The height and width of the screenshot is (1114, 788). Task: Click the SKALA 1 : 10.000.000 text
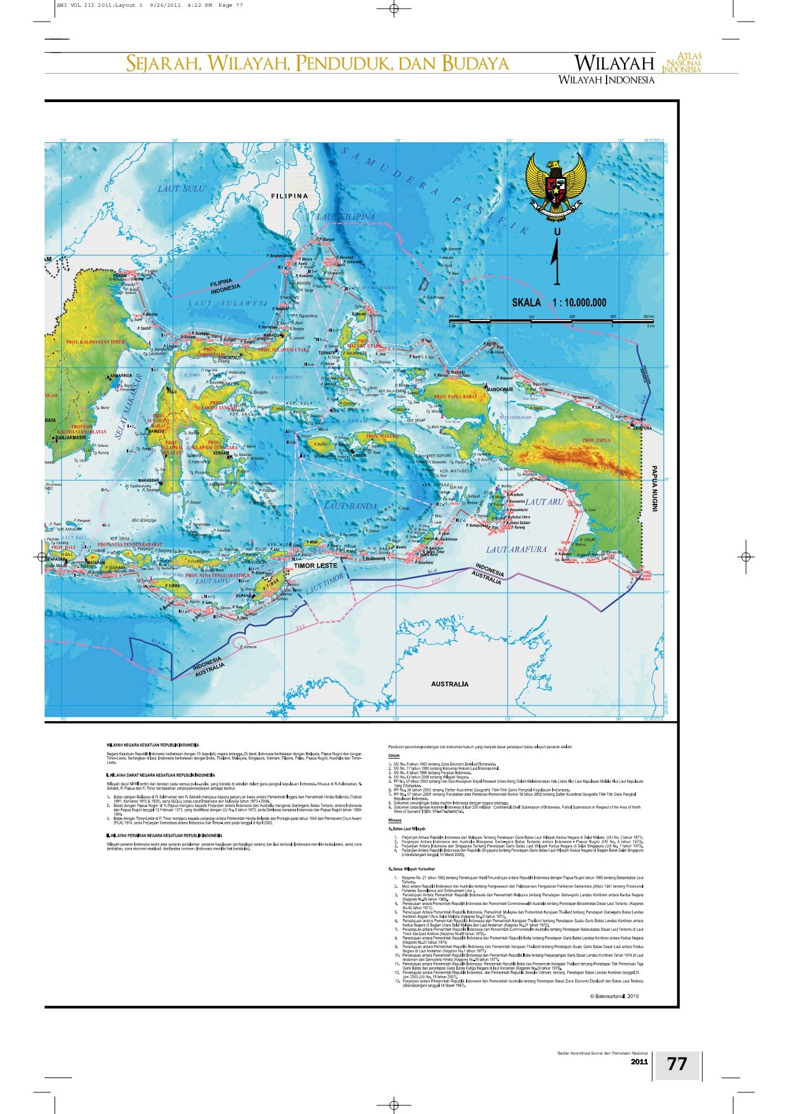click(x=558, y=303)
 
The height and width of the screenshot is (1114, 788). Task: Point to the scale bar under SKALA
click(x=551, y=321)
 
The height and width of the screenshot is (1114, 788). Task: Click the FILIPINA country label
click(x=289, y=196)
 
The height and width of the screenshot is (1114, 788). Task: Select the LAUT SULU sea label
click(x=181, y=188)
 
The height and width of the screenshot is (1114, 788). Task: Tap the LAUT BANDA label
click(x=350, y=506)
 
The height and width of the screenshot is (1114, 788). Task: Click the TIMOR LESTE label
click(x=315, y=565)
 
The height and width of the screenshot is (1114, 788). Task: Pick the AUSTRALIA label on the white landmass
click(x=449, y=684)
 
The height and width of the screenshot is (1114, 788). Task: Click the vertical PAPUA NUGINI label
click(x=654, y=488)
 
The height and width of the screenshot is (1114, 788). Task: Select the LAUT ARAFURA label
click(x=516, y=549)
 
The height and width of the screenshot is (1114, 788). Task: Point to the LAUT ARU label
click(x=545, y=501)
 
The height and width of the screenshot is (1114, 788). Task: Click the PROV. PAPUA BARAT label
click(x=456, y=396)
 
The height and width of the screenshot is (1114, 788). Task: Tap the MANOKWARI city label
click(x=500, y=389)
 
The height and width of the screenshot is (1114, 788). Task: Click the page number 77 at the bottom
click(x=677, y=1063)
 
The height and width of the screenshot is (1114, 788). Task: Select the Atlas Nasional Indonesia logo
click(x=682, y=63)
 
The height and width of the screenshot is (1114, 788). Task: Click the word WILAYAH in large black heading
click(x=614, y=63)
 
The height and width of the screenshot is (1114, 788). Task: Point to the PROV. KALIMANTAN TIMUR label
click(x=95, y=342)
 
